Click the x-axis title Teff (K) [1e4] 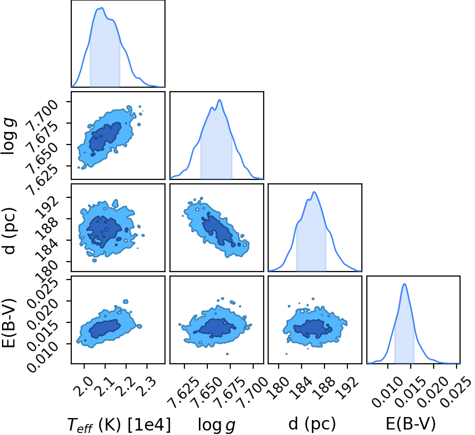tap(119, 424)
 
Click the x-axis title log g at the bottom tap(217, 425)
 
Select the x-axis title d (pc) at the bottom tap(312, 424)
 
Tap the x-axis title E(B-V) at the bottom tap(411, 424)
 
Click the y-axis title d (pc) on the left tap(8, 231)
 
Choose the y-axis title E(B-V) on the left tap(8, 323)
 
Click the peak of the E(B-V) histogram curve tap(404, 284)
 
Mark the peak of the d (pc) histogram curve tap(315, 192)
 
